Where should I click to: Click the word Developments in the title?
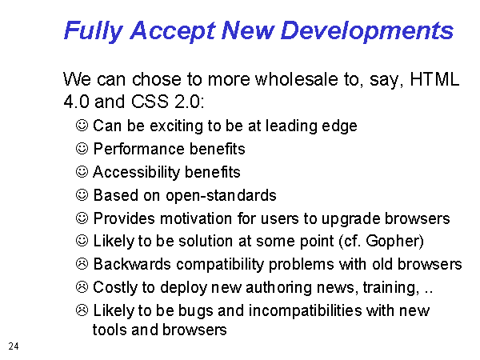pos(366,31)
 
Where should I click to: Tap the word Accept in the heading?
pos(173,31)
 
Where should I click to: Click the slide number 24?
pos(14,346)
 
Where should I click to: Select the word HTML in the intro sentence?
pos(434,79)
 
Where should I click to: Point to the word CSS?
pos(150,101)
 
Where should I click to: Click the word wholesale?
pos(296,79)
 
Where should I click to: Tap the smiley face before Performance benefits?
pos(82,149)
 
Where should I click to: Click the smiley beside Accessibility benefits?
pos(82,172)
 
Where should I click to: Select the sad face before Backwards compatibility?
pos(82,264)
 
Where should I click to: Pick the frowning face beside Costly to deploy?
pos(82,287)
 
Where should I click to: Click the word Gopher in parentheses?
pos(392,242)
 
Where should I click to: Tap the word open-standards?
pos(221,196)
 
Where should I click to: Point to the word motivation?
pos(196,218)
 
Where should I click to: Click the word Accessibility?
pos(137,172)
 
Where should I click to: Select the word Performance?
pos(138,149)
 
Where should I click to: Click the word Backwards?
pos(132,264)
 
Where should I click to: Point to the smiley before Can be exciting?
pos(82,126)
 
